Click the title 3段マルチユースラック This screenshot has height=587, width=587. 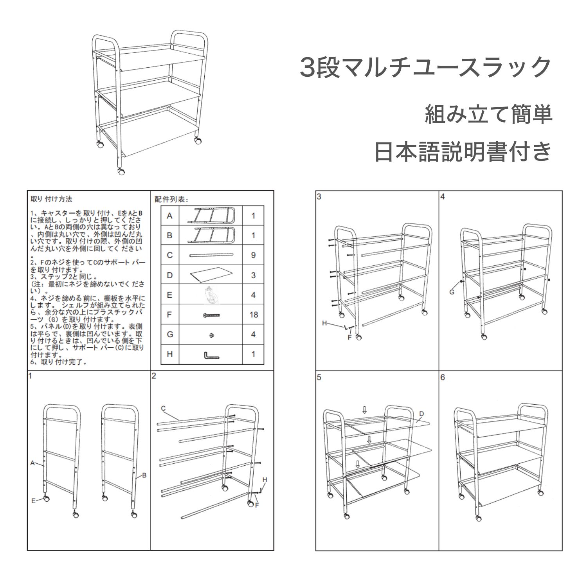click(425, 67)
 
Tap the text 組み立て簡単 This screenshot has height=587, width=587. click(488, 115)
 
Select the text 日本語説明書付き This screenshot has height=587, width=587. click(463, 152)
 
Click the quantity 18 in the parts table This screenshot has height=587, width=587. click(254, 315)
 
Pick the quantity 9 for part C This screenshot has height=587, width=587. click(254, 255)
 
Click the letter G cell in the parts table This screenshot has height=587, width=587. click(169, 335)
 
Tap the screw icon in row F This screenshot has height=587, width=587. click(212, 315)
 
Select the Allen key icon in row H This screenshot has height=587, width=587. click(211, 355)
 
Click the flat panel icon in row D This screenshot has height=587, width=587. click(211, 275)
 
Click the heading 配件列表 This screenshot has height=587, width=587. click(171, 200)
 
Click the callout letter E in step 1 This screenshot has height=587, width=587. click(34, 501)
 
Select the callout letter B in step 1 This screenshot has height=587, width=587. click(144, 475)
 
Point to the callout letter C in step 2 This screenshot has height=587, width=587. click(163, 409)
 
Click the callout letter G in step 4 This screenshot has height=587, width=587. click(452, 292)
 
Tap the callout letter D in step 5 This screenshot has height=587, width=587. click(421, 414)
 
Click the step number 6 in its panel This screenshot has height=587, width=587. click(443, 377)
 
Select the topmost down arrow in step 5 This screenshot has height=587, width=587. click(364, 410)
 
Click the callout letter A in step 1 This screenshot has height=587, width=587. click(33, 463)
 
